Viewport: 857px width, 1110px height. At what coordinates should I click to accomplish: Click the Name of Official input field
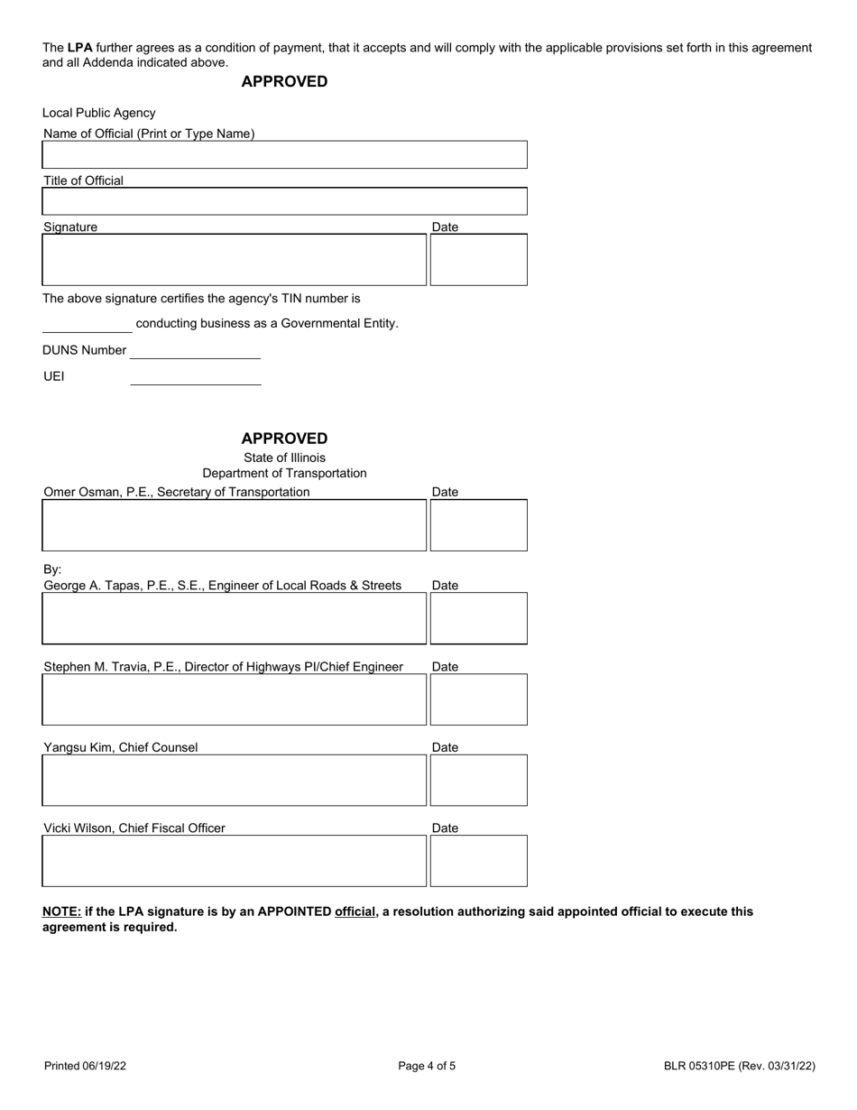point(284,155)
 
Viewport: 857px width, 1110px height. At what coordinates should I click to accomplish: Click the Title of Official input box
point(284,201)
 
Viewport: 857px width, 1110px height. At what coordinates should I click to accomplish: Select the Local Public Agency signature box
point(234,260)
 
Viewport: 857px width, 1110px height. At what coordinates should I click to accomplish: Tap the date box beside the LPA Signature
point(478,260)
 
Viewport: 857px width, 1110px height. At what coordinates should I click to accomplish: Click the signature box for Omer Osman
point(234,525)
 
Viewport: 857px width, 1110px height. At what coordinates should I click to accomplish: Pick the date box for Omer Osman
point(478,525)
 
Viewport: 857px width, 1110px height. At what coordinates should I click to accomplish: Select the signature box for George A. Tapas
point(234,618)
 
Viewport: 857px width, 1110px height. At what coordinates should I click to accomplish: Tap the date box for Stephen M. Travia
point(478,699)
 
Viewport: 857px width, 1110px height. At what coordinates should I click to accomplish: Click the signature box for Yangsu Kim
point(234,780)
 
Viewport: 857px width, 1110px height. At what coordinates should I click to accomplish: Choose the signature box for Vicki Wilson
point(234,861)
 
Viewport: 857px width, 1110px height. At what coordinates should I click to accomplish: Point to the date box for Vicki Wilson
point(478,861)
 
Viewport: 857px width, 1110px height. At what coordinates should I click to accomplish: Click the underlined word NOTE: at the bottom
point(61,911)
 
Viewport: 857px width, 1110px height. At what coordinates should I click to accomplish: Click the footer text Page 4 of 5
point(427,1066)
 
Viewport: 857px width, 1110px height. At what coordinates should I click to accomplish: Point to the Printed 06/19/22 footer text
point(85,1066)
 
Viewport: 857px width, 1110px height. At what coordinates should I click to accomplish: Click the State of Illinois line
point(284,458)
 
